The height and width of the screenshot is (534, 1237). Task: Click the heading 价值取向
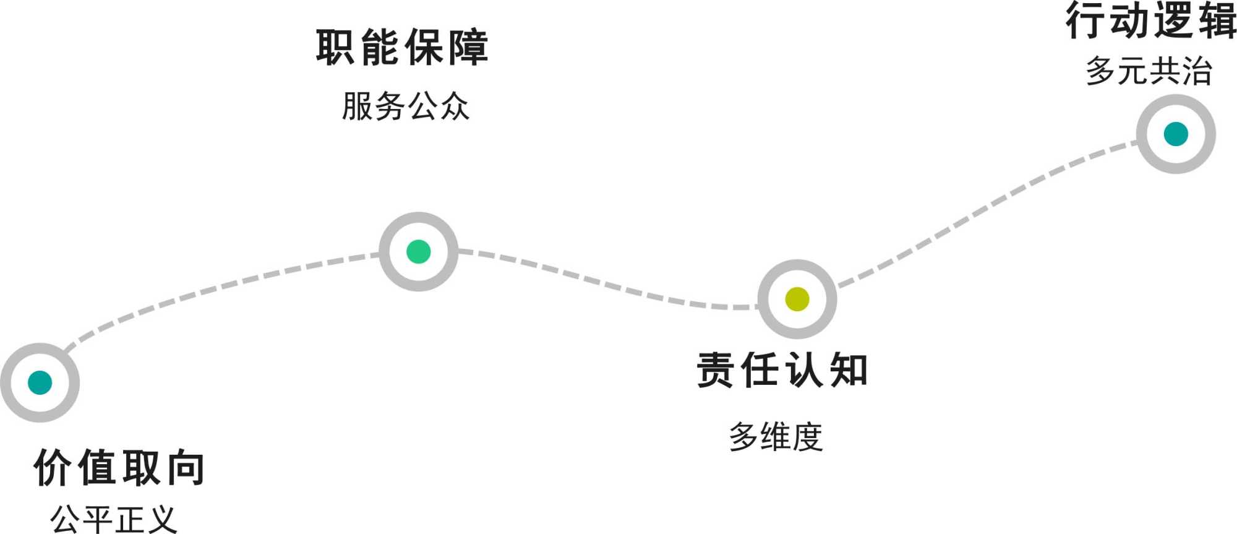(119, 468)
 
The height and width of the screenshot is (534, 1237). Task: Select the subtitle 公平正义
(114, 519)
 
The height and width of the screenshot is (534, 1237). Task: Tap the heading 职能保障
(402, 48)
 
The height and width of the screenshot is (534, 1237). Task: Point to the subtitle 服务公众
(406, 106)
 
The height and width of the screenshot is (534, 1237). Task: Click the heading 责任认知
(782, 370)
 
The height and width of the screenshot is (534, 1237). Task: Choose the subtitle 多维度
(776, 437)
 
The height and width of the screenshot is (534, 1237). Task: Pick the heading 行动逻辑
(1150, 20)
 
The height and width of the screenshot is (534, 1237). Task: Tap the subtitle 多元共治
(1149, 71)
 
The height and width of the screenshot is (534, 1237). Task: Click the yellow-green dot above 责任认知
(797, 299)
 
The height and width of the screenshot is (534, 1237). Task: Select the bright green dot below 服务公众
(419, 252)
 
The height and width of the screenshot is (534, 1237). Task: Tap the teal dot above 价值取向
(40, 382)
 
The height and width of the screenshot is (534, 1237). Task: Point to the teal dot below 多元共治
(1176, 134)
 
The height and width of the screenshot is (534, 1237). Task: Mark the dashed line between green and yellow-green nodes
(606, 284)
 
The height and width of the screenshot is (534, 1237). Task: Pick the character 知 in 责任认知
(849, 370)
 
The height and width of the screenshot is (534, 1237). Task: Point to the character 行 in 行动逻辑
(1084, 20)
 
